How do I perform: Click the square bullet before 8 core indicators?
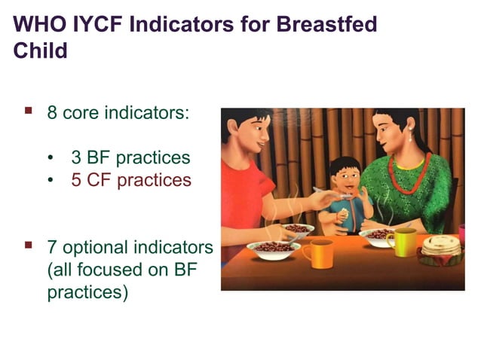pyautogui.click(x=29, y=111)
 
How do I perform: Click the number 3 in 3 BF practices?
pyautogui.click(x=76, y=159)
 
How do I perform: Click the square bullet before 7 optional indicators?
pyautogui.click(x=29, y=245)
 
